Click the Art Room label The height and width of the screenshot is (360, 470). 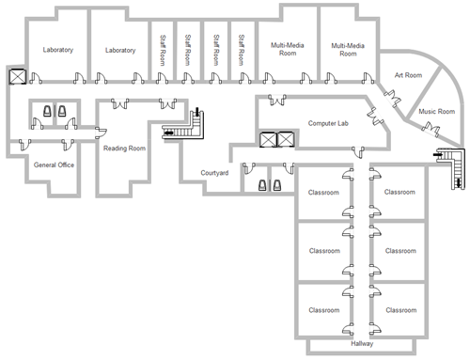(x=408, y=75)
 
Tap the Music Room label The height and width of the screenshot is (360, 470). (x=437, y=112)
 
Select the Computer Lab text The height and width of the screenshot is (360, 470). (x=328, y=123)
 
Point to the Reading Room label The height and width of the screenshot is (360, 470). (x=124, y=149)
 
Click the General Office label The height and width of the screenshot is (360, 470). (x=54, y=164)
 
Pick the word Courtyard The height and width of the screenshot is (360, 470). (x=214, y=173)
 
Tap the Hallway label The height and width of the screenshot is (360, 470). (x=362, y=344)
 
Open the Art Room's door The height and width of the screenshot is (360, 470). (x=393, y=98)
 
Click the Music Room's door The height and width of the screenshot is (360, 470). (x=431, y=129)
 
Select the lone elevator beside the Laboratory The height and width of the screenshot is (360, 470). (x=18, y=76)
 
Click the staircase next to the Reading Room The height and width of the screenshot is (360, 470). (x=184, y=125)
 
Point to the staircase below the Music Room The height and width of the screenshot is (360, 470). (x=451, y=167)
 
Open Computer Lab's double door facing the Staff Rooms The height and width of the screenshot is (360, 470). (x=277, y=100)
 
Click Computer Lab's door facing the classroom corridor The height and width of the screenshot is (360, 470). (x=358, y=151)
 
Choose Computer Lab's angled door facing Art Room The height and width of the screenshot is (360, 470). (x=375, y=117)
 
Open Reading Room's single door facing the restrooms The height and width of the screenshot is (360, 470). (x=101, y=133)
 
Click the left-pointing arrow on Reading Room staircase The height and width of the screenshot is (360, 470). (x=169, y=133)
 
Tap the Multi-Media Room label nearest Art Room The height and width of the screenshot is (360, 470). (x=348, y=50)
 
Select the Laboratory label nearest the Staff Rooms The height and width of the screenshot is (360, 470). (x=120, y=50)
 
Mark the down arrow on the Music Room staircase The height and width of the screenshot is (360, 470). (x=460, y=183)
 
